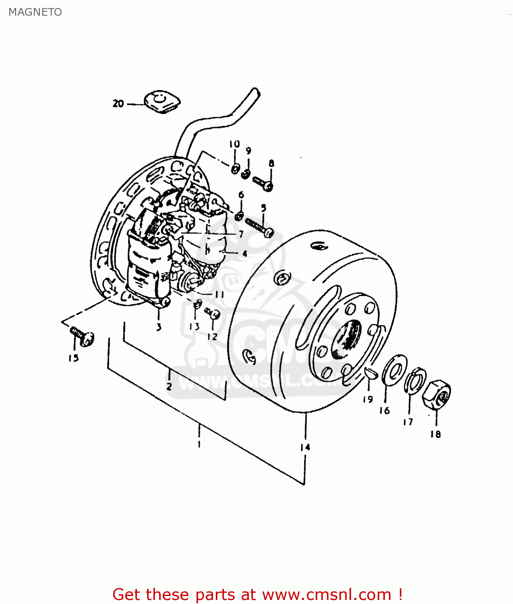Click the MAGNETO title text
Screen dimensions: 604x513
point(35,12)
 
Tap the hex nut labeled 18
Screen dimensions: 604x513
point(436,395)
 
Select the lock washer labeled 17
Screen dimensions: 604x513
point(415,380)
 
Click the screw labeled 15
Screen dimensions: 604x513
point(83,336)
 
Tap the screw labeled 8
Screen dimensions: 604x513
point(263,184)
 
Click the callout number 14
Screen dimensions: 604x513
point(305,447)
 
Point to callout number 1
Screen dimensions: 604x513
point(199,444)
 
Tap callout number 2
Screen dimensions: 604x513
point(169,387)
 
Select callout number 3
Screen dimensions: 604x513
point(159,327)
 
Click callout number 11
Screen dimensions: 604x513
point(219,294)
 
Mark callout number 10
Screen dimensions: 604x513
point(234,144)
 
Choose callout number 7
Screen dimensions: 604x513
point(241,234)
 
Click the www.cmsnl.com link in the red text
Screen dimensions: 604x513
point(327,594)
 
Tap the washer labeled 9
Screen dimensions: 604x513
point(246,175)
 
